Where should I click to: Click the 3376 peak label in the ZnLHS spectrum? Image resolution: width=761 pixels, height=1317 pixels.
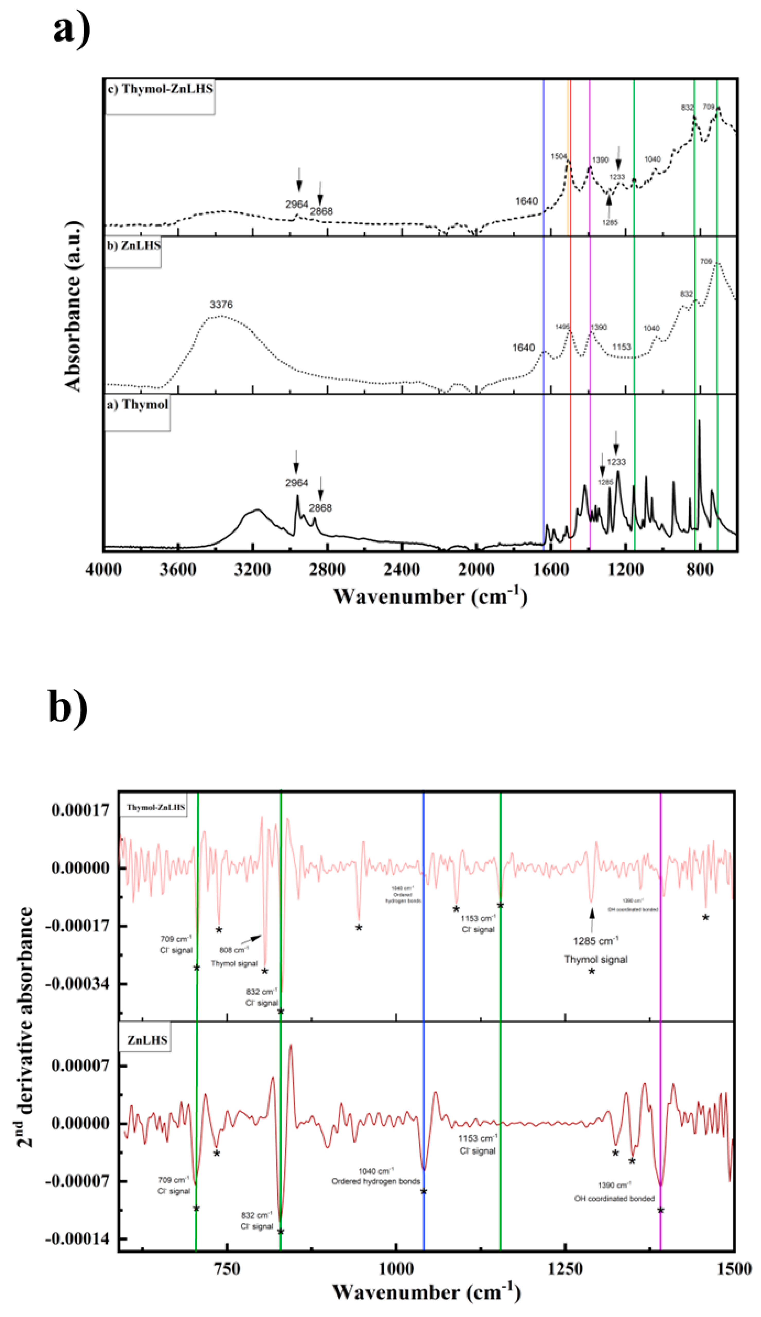tap(221, 304)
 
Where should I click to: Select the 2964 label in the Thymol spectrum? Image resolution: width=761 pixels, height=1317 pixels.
tap(296, 483)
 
